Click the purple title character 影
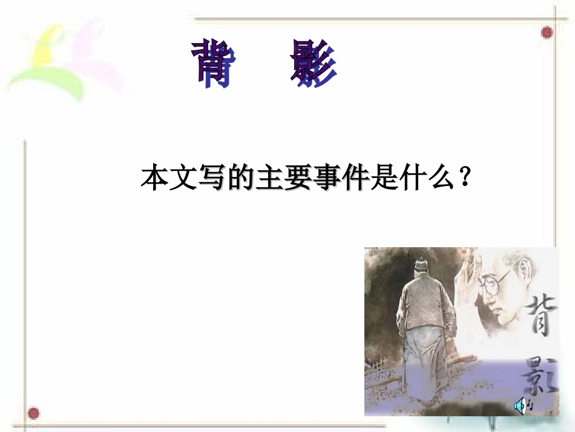(x=312, y=63)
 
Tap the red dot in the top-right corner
(x=547, y=32)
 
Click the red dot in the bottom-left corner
(x=34, y=414)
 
